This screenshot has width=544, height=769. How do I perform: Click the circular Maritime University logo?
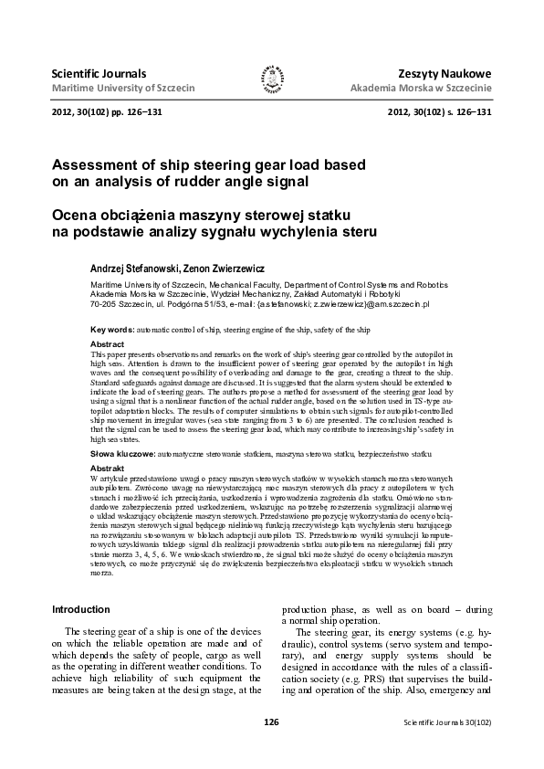point(272,81)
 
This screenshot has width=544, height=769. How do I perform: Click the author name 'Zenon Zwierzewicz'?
point(224,270)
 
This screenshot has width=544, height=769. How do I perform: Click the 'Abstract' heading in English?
point(107,343)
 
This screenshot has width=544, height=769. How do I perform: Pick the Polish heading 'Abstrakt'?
point(107,467)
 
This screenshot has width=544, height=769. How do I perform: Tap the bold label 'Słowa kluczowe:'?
point(123,453)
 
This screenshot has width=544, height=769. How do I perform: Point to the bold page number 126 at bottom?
point(271,722)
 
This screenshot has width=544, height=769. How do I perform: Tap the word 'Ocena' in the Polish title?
point(77,215)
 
